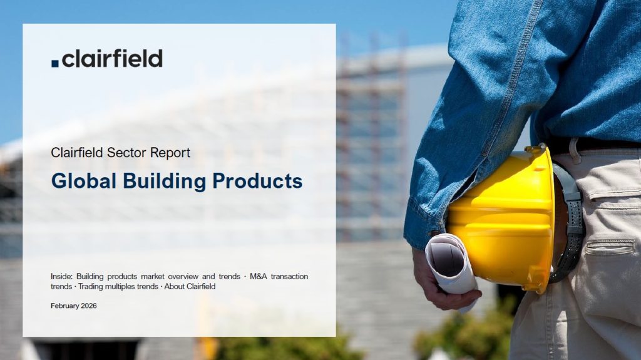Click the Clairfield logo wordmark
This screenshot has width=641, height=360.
coord(107,58)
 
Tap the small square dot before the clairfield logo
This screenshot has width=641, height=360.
coord(55,63)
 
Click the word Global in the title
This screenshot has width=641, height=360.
coord(84,181)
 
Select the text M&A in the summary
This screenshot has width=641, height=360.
coord(259,277)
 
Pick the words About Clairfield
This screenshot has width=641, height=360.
coord(190,286)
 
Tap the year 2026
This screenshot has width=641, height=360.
coord(89,306)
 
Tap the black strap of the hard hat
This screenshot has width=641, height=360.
coord(570,221)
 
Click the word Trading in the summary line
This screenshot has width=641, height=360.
coord(90,286)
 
